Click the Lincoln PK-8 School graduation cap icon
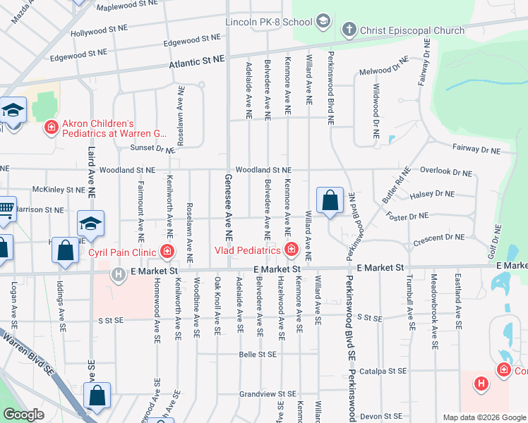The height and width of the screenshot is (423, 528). (323, 21)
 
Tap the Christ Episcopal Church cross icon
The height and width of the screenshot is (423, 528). (348, 30)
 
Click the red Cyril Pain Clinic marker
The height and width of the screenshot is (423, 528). (167, 251)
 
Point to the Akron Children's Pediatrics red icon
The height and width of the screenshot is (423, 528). (51, 127)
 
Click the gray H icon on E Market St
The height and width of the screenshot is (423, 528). (118, 274)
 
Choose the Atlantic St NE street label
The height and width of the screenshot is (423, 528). (196, 64)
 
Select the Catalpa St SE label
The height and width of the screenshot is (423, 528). (383, 370)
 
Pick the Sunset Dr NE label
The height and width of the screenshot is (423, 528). (152, 149)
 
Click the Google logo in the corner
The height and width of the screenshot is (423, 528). (24, 415)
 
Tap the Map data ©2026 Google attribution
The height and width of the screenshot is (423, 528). (483, 417)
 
